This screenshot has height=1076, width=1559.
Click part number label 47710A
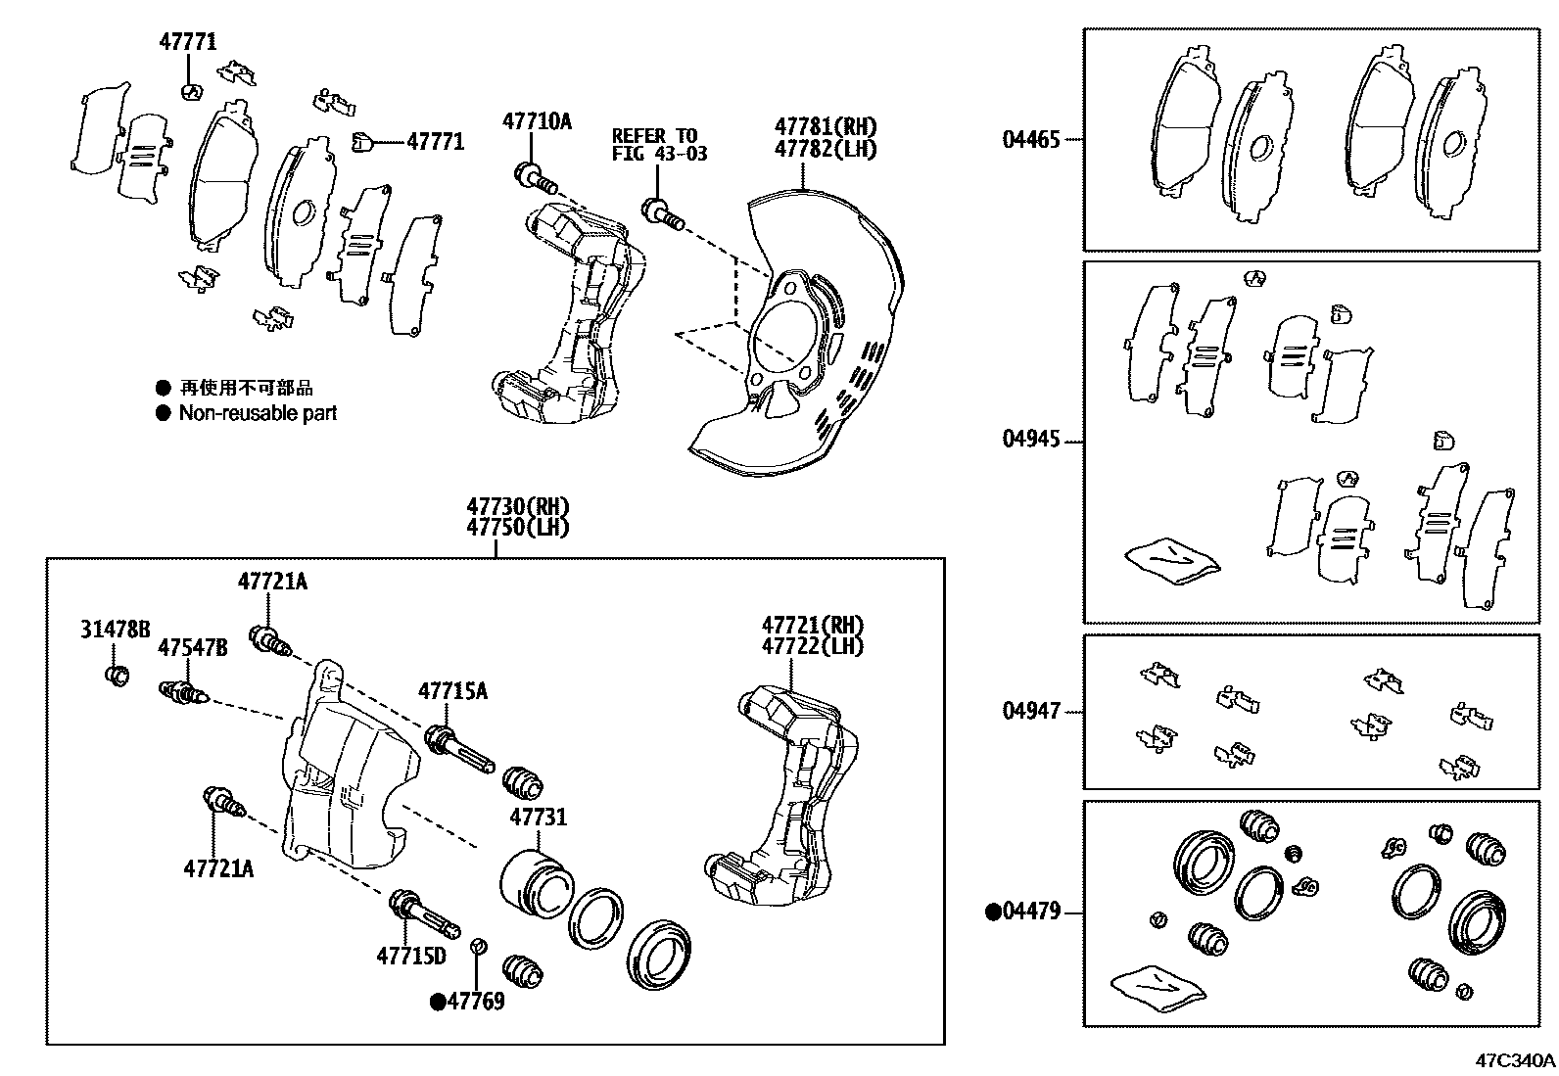pos(537,121)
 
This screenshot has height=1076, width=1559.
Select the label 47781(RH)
pos(826,126)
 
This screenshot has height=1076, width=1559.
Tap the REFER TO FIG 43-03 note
pos(659,144)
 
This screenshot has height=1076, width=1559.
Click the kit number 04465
pos(1030,139)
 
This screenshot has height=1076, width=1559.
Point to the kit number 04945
pos(1030,439)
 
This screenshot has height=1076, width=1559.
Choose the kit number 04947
pos(1030,711)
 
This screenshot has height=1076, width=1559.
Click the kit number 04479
pos(1030,912)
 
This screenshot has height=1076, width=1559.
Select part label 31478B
pos(116,630)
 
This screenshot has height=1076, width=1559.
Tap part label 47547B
pos(193,647)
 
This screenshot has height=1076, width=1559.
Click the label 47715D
pos(411,956)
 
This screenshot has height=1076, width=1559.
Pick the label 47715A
pos(452,691)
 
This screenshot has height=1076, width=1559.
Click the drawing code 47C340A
pos(1515,1060)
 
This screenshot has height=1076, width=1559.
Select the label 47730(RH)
pos(517,507)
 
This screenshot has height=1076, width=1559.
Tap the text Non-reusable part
pos(258,413)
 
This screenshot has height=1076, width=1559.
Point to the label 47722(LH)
pos(813,646)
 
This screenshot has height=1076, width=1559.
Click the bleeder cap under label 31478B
pos(117,675)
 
